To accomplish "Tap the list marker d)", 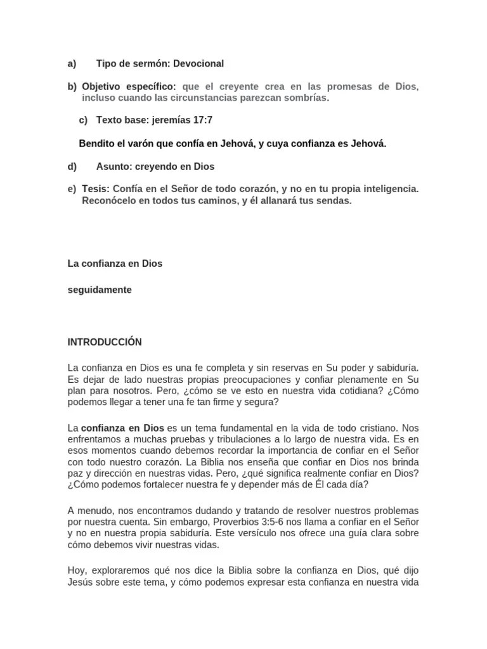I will [72, 167].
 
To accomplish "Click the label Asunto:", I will [115, 167].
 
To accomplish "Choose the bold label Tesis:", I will [96, 190].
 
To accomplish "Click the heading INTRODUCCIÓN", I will [105, 342].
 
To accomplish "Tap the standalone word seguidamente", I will [100, 290].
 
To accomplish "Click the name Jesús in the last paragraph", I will [80, 583].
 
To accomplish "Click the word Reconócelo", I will [108, 201].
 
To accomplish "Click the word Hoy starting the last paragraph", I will [77, 572].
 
